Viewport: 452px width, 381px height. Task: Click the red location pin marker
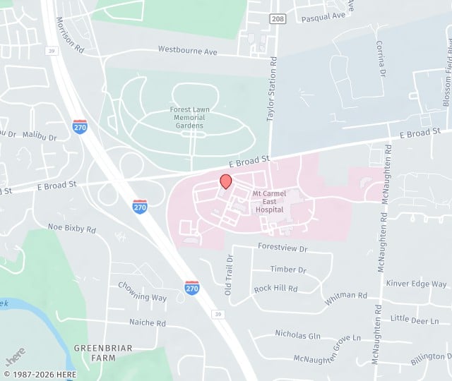tap(226, 181)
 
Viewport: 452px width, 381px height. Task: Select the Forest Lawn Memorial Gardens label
tap(187, 117)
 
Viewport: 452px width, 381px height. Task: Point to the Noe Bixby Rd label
tap(71, 229)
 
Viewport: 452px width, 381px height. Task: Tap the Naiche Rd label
tap(147, 322)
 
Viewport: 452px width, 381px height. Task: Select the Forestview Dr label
tap(283, 249)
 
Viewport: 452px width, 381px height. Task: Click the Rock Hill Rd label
tap(275, 289)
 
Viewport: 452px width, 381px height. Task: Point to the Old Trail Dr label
tap(228, 275)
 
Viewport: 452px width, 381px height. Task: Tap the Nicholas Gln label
tap(297, 333)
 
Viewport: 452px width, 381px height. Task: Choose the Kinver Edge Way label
tap(416, 284)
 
